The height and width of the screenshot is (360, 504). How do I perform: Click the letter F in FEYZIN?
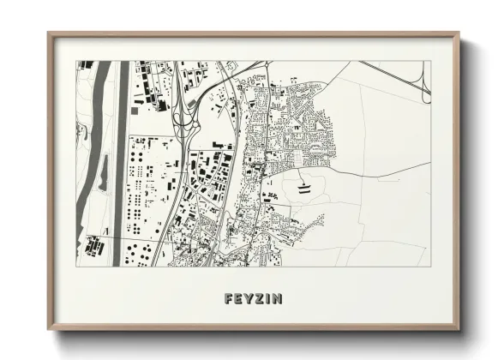(227, 299)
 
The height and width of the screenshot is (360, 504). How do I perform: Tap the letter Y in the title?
(249, 299)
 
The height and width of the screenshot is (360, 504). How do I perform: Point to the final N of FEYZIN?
(280, 299)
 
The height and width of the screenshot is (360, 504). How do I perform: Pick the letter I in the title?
(270, 299)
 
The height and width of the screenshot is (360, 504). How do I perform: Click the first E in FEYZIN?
(238, 299)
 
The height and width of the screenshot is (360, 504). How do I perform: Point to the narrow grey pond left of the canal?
(103, 180)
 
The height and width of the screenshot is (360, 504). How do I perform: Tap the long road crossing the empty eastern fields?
(377, 169)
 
